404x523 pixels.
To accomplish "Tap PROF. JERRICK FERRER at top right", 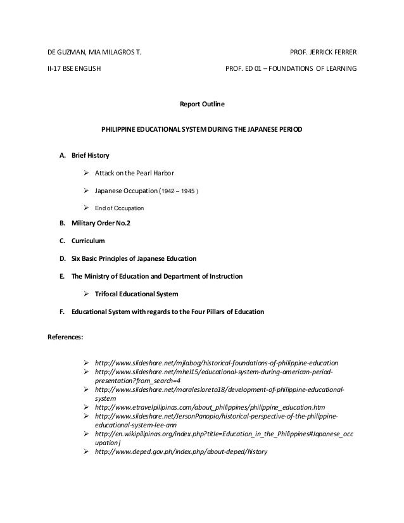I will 323,50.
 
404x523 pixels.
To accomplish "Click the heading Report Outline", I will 203,103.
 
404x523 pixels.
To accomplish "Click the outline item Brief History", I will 90,155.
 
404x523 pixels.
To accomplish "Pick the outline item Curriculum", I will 88,242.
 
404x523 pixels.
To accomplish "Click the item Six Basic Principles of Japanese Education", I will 134,259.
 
